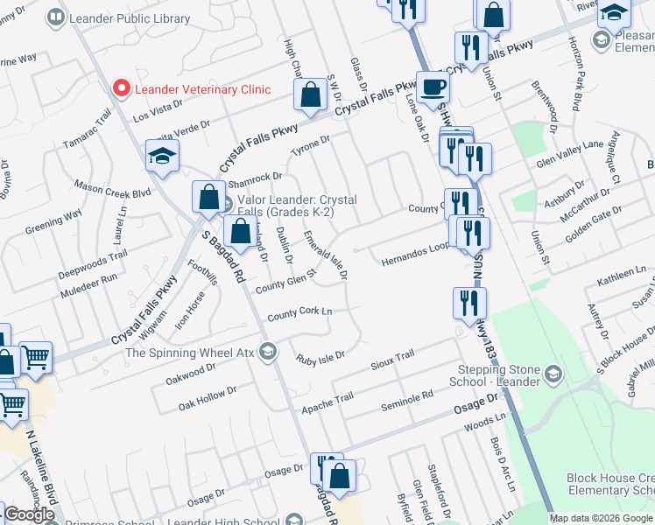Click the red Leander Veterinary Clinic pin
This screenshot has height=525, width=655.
tap(122, 88)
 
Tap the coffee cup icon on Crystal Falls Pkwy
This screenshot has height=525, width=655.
tap(433, 87)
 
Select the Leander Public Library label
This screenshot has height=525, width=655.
tap(118, 17)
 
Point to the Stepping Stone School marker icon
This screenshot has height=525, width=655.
tap(552, 374)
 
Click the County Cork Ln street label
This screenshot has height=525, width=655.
tap(300, 312)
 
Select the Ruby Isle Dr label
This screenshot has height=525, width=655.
tap(320, 358)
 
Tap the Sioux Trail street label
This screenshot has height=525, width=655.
tap(391, 359)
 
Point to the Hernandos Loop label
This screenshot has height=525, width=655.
tap(414, 255)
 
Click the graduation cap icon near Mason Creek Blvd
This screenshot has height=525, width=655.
tap(161, 156)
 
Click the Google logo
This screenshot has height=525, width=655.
tap(29, 514)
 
